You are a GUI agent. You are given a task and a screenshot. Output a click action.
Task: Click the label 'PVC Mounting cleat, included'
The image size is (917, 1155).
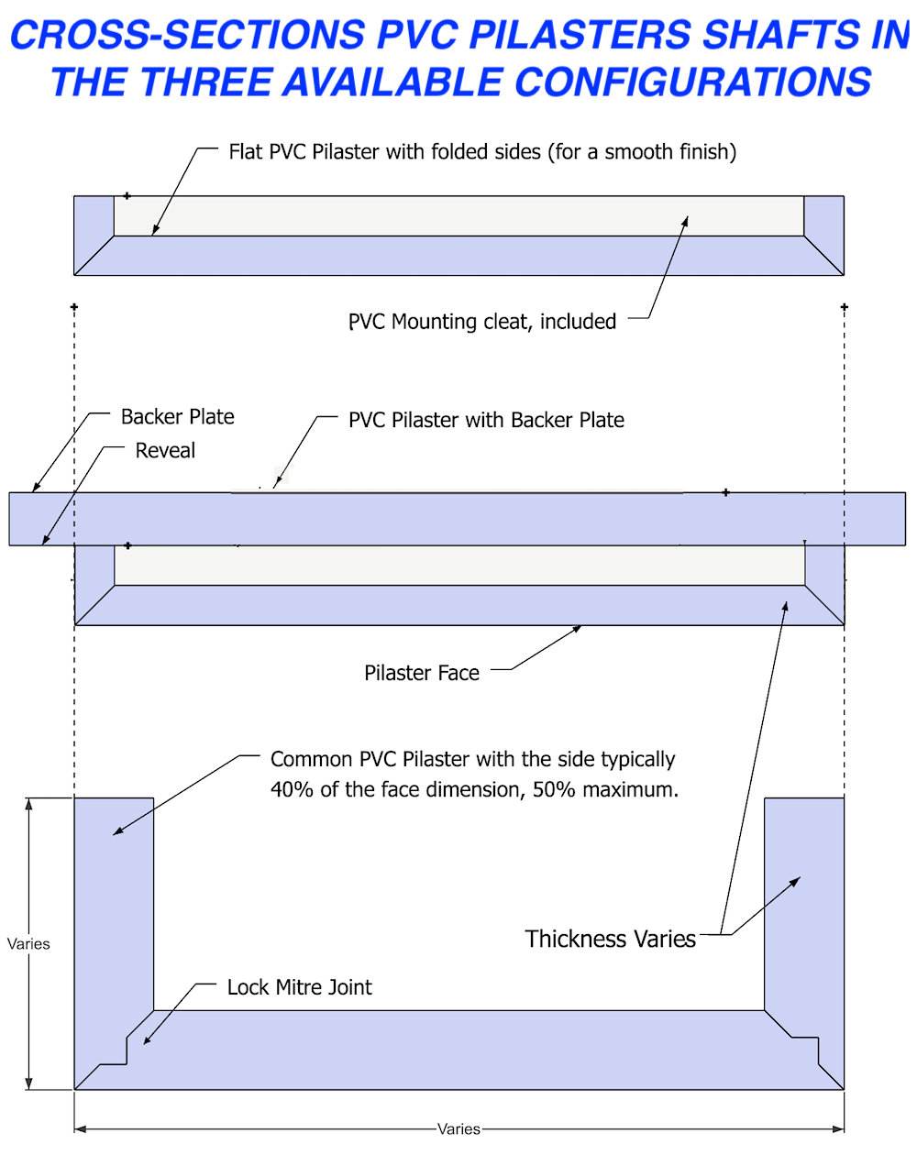tap(481, 322)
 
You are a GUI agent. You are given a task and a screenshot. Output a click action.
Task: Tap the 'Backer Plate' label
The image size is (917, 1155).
tap(177, 417)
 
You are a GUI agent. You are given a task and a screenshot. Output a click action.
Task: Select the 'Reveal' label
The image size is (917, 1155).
tap(165, 451)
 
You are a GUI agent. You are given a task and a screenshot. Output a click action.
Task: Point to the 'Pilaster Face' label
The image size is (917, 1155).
tap(422, 674)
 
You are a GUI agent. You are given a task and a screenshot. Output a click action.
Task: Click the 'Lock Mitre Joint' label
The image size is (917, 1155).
tap(299, 987)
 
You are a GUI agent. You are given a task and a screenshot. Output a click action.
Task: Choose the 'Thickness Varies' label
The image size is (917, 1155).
tap(610, 940)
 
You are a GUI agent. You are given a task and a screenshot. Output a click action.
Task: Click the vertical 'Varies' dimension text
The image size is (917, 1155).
tap(28, 944)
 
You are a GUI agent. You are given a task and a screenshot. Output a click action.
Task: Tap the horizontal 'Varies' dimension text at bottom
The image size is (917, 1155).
tap(458, 1129)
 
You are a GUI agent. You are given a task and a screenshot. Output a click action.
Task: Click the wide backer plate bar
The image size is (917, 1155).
tap(458, 519)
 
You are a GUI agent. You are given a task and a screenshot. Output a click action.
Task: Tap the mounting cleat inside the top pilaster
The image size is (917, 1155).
tap(458, 215)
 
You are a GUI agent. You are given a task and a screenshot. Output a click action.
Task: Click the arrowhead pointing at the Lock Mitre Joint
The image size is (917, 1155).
tap(146, 1040)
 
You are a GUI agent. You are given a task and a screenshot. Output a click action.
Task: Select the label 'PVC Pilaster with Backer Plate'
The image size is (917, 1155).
tap(486, 421)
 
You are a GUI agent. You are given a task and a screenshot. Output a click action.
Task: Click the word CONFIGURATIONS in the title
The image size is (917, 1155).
tap(692, 82)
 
